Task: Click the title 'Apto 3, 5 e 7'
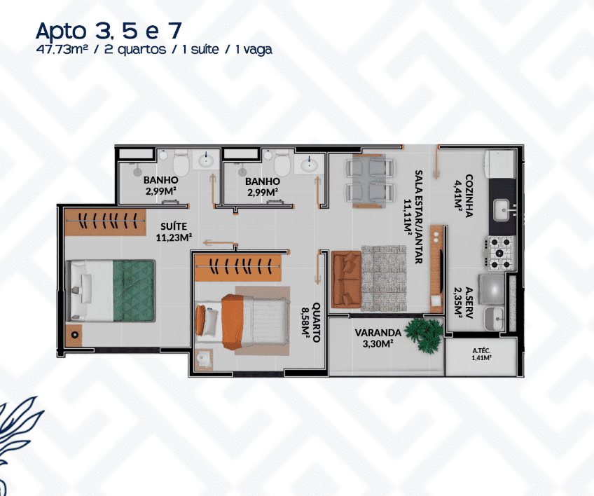tap(109, 30)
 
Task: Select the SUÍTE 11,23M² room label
tap(174, 232)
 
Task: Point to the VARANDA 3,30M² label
tap(378, 338)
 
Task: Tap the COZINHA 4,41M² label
tap(464, 195)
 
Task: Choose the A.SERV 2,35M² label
tap(464, 303)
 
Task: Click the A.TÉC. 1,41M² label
tap(481, 354)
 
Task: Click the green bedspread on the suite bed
tap(134, 290)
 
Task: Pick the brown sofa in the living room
tap(346, 279)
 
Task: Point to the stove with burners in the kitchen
tap(499, 253)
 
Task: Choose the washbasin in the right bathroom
tap(309, 164)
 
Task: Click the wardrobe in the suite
tap(105, 221)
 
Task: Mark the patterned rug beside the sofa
tap(384, 279)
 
